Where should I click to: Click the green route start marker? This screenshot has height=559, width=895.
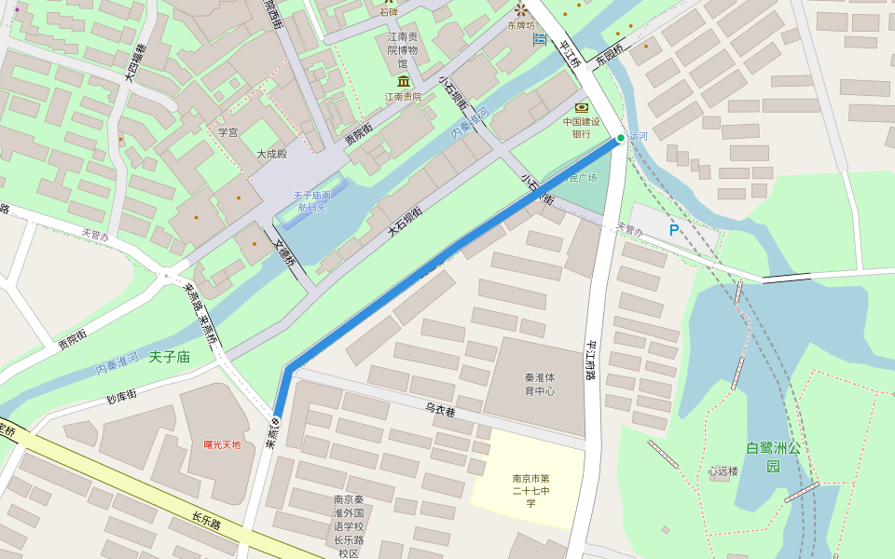click(621, 138)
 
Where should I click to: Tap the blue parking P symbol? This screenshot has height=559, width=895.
click(674, 229)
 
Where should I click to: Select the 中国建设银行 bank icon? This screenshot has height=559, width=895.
click(582, 108)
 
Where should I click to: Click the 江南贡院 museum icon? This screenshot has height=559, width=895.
click(404, 83)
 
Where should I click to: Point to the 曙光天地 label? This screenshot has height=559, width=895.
click(222, 444)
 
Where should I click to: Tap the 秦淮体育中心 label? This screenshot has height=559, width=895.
click(540, 384)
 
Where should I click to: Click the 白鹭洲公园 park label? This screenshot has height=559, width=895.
click(773, 457)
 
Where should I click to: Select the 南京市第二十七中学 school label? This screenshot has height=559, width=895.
click(530, 491)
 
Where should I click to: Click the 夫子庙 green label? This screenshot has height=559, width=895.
click(169, 357)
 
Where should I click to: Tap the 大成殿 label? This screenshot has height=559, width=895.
click(272, 154)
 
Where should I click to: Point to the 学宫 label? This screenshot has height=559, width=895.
click(228, 132)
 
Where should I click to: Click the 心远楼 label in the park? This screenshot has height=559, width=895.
click(723, 471)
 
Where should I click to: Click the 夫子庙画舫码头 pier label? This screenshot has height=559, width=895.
click(312, 201)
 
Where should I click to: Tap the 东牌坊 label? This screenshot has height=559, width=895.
click(522, 26)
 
